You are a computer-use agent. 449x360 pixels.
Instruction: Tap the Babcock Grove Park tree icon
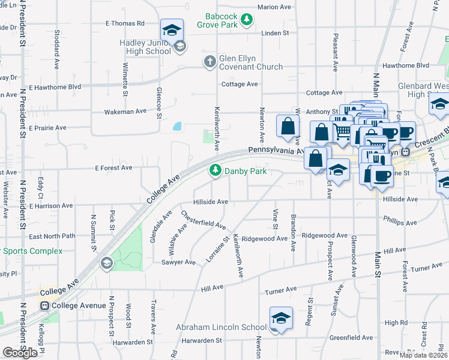pos(246,21)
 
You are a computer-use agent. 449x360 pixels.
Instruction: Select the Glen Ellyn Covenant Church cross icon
pos(209,61)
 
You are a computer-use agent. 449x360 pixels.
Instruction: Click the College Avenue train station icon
pos(44,306)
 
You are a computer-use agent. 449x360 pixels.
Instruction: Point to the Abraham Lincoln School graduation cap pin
pos(280,319)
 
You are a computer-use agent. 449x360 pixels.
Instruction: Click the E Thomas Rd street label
pos(125,23)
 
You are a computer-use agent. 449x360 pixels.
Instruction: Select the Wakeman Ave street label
pos(125,112)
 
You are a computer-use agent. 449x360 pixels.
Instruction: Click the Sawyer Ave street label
pos(178,262)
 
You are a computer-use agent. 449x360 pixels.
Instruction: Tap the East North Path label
pos(52,236)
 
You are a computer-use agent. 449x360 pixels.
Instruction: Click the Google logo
pos(20,353)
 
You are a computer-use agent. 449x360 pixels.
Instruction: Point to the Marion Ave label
pos(274,7)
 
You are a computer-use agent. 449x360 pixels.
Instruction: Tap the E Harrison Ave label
pos(53,206)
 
